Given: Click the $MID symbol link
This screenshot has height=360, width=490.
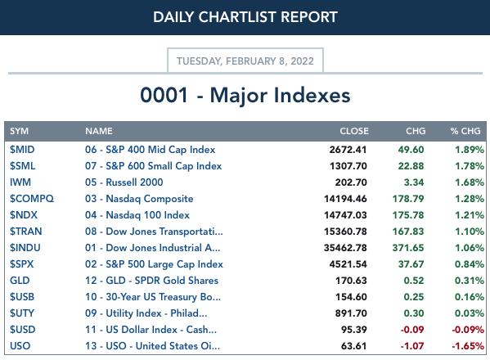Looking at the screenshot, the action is click(x=22, y=150).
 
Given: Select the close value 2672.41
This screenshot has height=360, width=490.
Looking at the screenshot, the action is click(x=348, y=150).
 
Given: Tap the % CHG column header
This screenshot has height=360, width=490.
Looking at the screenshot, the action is click(x=465, y=131).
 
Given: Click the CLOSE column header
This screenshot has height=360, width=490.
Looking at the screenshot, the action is click(x=354, y=131).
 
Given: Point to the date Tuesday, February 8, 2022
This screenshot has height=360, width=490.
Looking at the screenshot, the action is click(x=245, y=61).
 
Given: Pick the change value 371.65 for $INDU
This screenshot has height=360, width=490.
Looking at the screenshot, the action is click(x=408, y=248).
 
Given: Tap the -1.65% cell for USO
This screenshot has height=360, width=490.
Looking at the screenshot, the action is click(x=468, y=346).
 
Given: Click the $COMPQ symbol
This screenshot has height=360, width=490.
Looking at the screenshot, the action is click(x=32, y=199).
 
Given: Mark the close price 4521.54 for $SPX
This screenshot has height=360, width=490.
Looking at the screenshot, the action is click(x=348, y=264).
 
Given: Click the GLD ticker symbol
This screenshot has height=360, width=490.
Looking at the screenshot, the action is click(x=20, y=281).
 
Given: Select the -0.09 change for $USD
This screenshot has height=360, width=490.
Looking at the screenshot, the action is click(x=412, y=330).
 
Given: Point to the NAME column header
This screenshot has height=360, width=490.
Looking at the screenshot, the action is click(x=99, y=131).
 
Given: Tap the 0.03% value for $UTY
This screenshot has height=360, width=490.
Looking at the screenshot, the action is click(x=470, y=313).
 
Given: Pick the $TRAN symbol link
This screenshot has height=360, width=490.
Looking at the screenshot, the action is click(x=25, y=232).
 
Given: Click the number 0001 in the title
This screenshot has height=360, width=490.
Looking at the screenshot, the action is click(x=164, y=95).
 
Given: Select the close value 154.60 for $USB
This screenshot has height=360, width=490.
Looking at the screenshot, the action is click(x=351, y=297).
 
